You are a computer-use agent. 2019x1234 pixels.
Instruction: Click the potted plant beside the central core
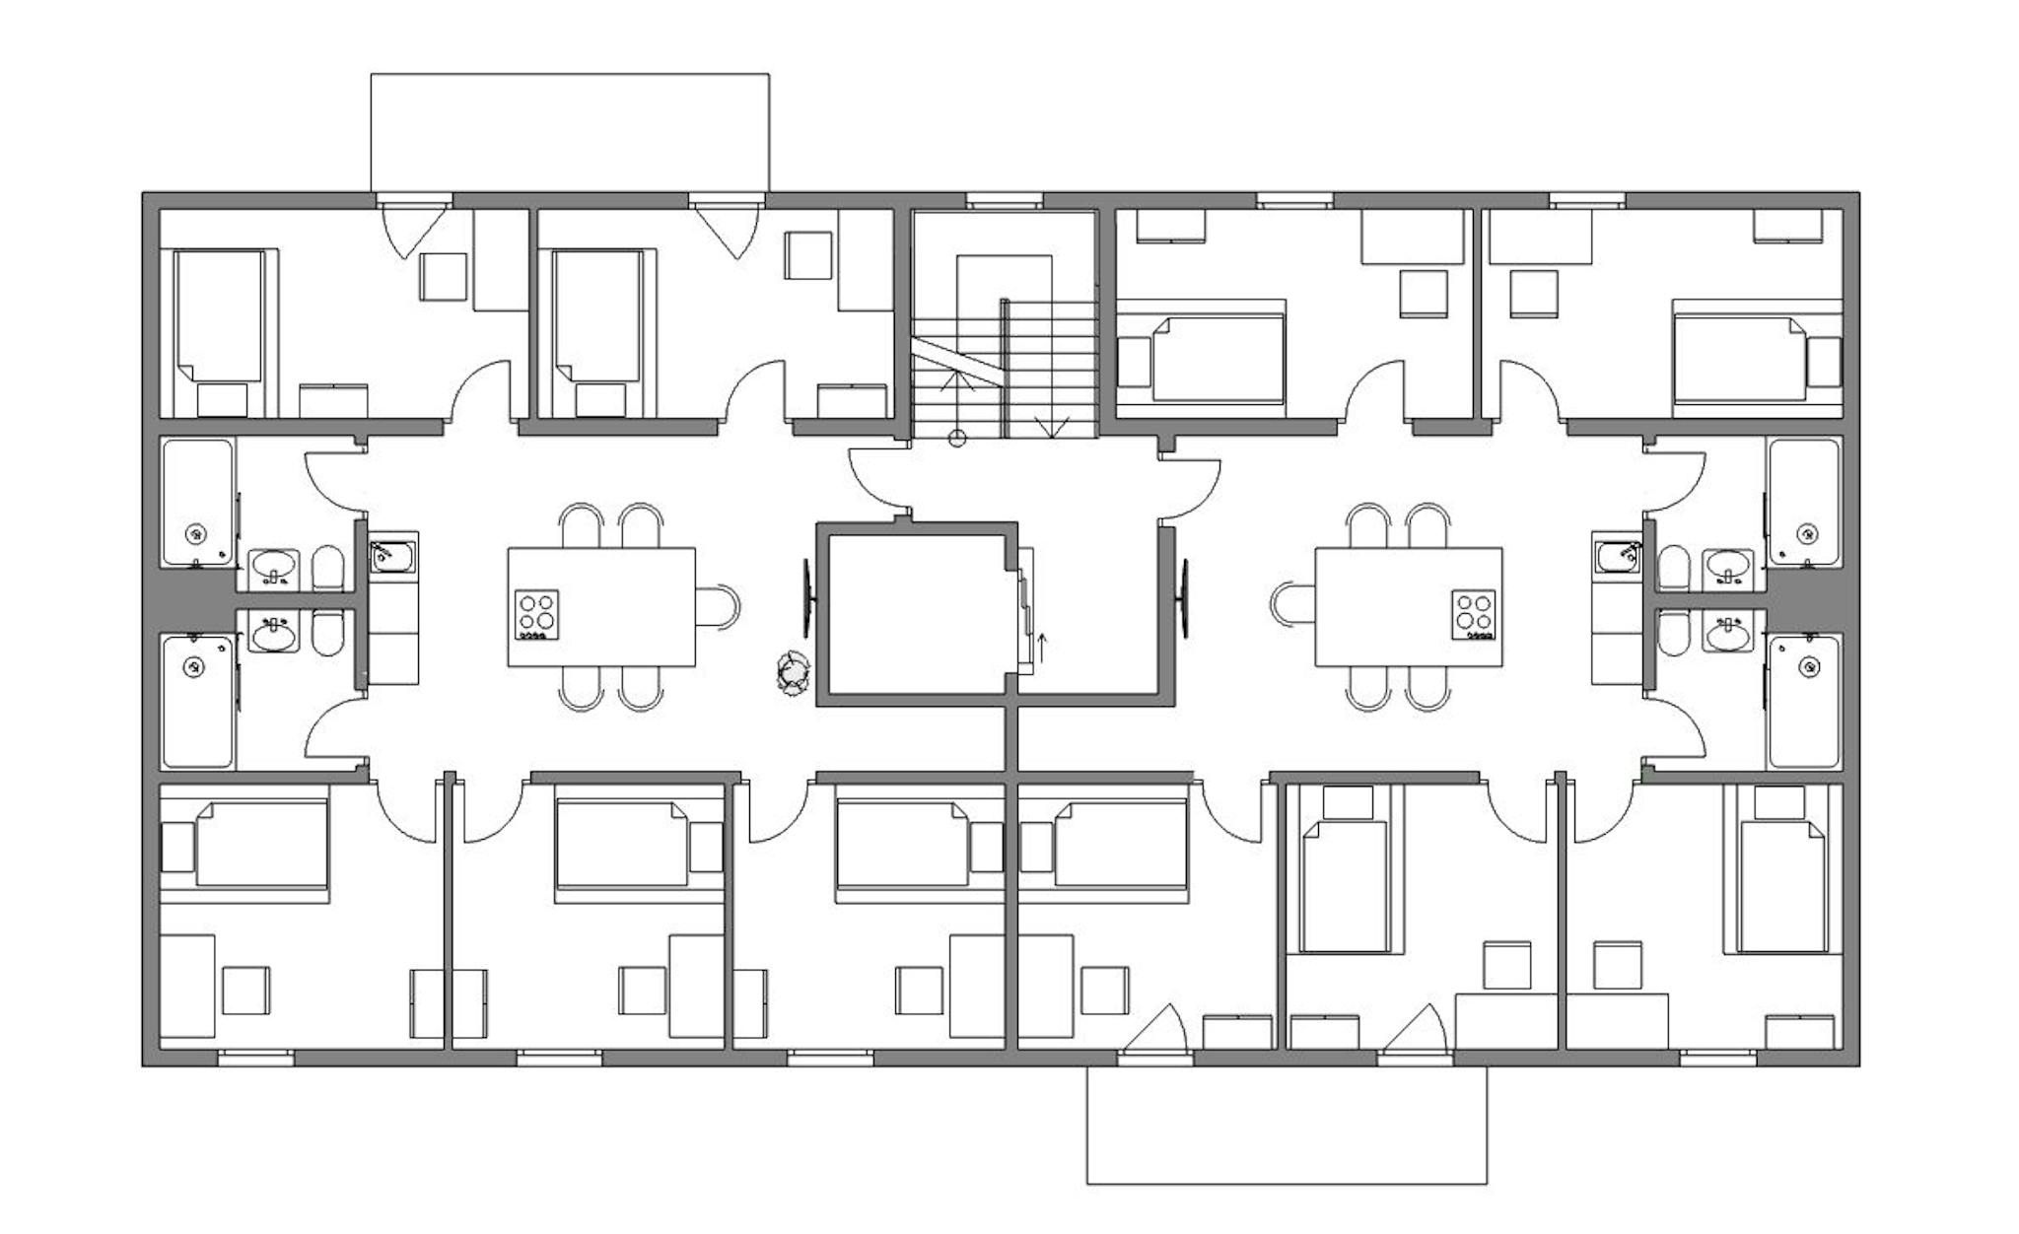[792, 673]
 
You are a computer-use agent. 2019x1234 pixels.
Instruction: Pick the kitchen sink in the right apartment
[1617, 557]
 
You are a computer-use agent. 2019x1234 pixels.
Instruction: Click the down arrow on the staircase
[1053, 426]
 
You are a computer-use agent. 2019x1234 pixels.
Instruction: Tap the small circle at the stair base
[956, 439]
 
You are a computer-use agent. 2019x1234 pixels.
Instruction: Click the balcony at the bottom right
[1287, 1124]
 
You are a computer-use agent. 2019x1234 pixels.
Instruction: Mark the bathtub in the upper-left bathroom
[198, 503]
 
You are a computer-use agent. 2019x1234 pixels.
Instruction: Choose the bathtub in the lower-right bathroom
[1804, 701]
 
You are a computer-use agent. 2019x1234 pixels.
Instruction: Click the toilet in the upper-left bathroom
[327, 569]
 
